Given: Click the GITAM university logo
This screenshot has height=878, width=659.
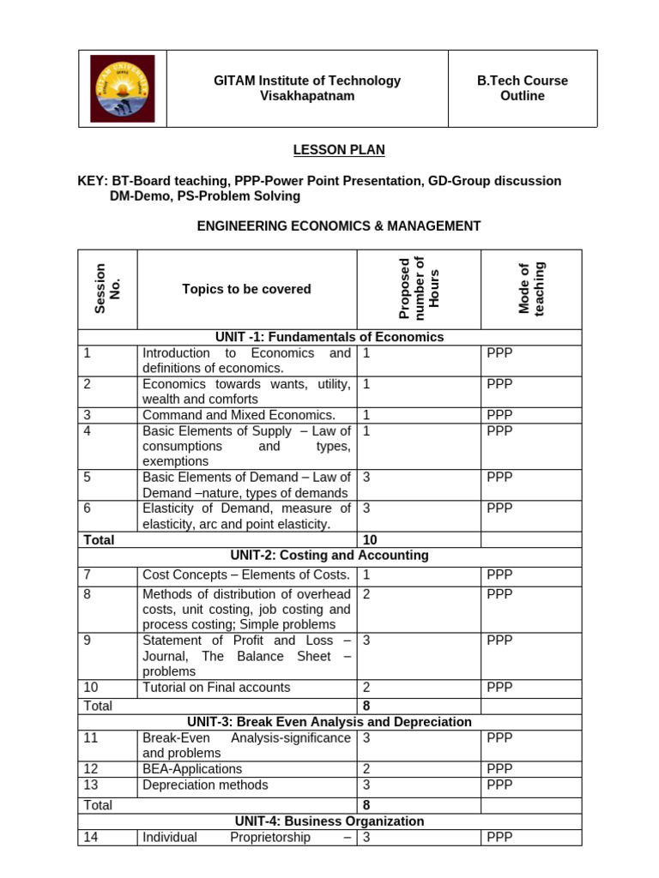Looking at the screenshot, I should [123, 88].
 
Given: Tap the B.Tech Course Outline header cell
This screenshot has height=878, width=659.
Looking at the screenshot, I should [522, 88].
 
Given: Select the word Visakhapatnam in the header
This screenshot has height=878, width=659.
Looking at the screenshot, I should [306, 96].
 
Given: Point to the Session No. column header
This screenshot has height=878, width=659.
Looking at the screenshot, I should [107, 289].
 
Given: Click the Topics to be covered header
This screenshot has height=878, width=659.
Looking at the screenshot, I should [246, 289].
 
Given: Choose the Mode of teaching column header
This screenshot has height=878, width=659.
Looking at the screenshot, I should [531, 289].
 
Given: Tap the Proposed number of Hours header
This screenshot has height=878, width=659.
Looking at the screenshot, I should [419, 289].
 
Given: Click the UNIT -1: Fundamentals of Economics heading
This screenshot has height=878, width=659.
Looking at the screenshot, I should [330, 337].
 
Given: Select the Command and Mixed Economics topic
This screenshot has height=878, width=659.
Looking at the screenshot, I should [239, 415].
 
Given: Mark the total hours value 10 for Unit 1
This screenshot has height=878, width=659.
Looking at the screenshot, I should [370, 540].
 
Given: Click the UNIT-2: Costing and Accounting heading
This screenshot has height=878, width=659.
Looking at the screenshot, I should [330, 556].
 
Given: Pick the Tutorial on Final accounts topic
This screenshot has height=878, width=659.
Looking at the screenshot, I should [216, 687].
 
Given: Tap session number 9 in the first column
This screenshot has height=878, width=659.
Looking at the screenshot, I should [88, 640].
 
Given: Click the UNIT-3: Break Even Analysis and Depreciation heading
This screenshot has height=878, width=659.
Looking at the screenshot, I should [330, 722].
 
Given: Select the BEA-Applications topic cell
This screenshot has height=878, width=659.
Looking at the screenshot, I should [192, 769].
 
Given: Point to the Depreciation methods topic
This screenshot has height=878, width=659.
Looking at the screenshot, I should [205, 785].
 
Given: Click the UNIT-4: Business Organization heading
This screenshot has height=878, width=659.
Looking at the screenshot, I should [330, 821].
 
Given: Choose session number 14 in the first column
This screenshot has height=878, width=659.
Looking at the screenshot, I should [92, 837].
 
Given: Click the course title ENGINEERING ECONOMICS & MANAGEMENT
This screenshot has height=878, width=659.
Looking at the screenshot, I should [339, 226].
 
